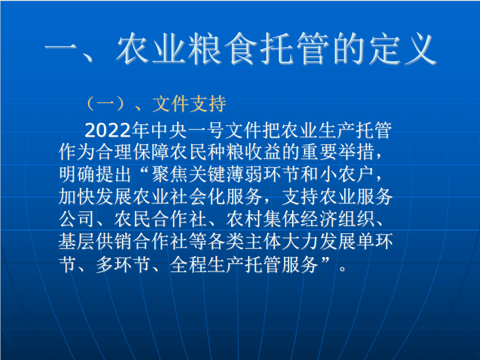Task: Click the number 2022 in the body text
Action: coord(108,130)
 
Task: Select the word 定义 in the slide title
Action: coord(403,49)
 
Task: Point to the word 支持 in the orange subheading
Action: coord(208,104)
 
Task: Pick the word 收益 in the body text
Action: coord(263,152)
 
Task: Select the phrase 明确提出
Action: coord(95,174)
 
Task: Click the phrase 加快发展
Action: coord(95,196)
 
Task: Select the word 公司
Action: coord(77,219)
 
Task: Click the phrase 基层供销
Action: coord(95,241)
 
